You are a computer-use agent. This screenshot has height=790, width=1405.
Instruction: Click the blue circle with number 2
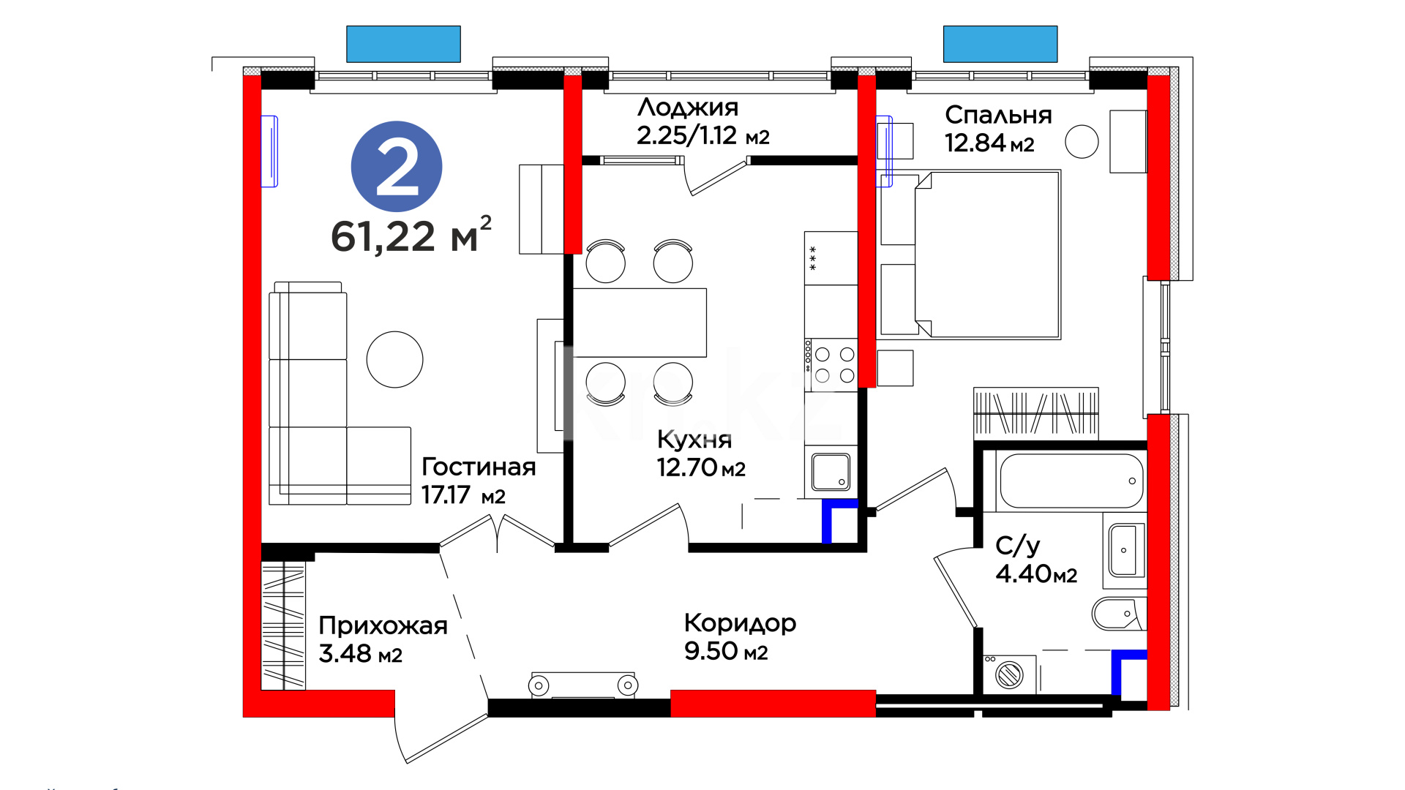(x=397, y=167)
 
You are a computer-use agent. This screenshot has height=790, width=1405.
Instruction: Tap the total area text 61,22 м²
(x=411, y=235)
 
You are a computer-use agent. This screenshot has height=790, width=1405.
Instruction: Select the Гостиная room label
(x=479, y=467)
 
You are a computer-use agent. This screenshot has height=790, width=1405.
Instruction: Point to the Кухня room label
(x=694, y=440)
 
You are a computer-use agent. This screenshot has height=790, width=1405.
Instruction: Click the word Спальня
(x=998, y=115)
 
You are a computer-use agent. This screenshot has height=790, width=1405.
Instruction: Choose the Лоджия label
(x=688, y=108)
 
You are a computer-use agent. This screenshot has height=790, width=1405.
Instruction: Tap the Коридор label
(x=740, y=623)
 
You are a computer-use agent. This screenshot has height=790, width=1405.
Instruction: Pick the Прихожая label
(x=383, y=625)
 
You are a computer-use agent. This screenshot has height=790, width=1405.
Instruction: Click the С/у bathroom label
(x=1018, y=546)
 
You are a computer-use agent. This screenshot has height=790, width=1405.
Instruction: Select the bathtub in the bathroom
(x=1071, y=481)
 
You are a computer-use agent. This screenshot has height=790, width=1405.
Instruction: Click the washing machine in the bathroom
(x=1010, y=674)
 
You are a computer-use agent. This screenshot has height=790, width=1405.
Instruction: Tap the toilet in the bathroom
(x=1118, y=613)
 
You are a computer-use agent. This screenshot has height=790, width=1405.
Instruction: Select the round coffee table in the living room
(x=395, y=359)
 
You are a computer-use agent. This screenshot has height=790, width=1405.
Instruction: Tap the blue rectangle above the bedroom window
(x=1000, y=44)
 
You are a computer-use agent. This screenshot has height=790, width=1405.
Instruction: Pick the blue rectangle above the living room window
(x=403, y=44)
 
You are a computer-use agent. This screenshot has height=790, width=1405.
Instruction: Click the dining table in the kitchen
(x=640, y=323)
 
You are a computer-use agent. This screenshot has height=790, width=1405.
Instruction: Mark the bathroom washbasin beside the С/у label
(x=1124, y=551)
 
